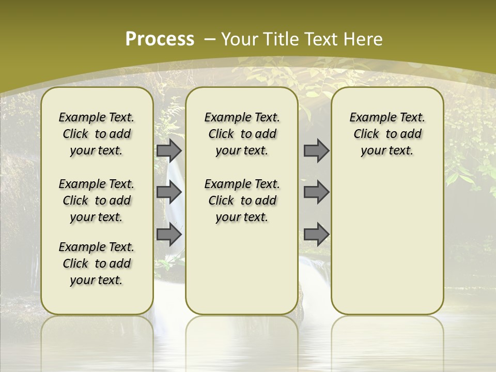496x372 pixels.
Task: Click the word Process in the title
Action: tap(160, 39)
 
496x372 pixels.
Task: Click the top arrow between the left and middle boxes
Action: tap(169, 150)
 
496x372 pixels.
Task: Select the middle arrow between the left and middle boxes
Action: tap(169, 192)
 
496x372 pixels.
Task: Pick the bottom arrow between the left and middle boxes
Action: tap(169, 234)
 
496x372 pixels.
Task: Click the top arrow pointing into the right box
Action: tap(316, 150)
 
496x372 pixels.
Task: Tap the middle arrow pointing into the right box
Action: tap(316, 192)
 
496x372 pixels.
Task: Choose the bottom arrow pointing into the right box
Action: tap(316, 234)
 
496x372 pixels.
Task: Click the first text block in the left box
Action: tap(97, 134)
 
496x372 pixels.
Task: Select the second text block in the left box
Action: tap(97, 200)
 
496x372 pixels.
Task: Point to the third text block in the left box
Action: tap(97, 263)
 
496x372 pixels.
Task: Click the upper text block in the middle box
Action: tap(242, 134)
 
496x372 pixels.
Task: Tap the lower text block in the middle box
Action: tap(242, 200)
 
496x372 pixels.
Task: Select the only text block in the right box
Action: tap(387, 134)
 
